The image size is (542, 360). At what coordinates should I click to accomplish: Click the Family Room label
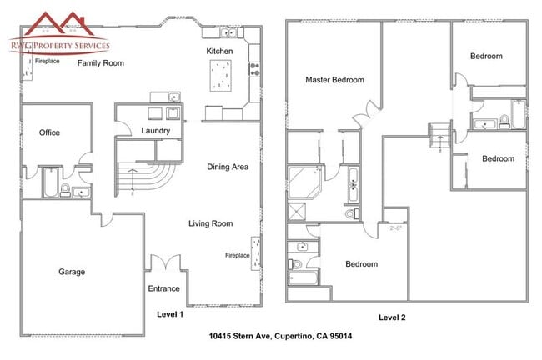coord(101,63)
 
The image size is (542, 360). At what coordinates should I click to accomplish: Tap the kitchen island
coord(221,76)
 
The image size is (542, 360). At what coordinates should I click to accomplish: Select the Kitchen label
coord(219,52)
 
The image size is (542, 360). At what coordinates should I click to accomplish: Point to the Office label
coord(49,132)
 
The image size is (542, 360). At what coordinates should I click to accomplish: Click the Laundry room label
coord(156,131)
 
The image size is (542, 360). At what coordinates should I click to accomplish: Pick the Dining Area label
coord(228,167)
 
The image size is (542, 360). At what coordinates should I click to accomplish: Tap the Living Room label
coord(210,223)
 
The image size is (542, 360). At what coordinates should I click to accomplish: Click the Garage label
coord(72,272)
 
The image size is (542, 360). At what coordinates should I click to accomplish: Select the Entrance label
coord(163,288)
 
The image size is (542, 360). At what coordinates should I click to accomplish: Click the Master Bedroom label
coord(334,80)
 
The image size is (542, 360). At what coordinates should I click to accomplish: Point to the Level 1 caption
coord(170,314)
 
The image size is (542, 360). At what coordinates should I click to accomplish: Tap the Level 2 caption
coord(392,317)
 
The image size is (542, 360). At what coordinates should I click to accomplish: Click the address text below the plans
coord(281,336)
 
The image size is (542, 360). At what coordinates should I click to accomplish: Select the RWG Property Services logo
coord(59,34)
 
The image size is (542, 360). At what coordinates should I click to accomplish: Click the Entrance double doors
coord(166,262)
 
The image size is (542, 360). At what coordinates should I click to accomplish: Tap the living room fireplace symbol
coord(255,253)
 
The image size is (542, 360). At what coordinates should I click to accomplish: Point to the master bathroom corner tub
coord(305,182)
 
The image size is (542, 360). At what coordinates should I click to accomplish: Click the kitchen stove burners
coord(255,69)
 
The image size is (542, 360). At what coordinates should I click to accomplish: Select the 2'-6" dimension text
coord(395,228)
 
